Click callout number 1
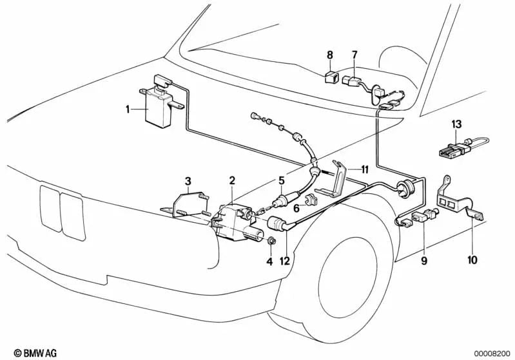(128, 110)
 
